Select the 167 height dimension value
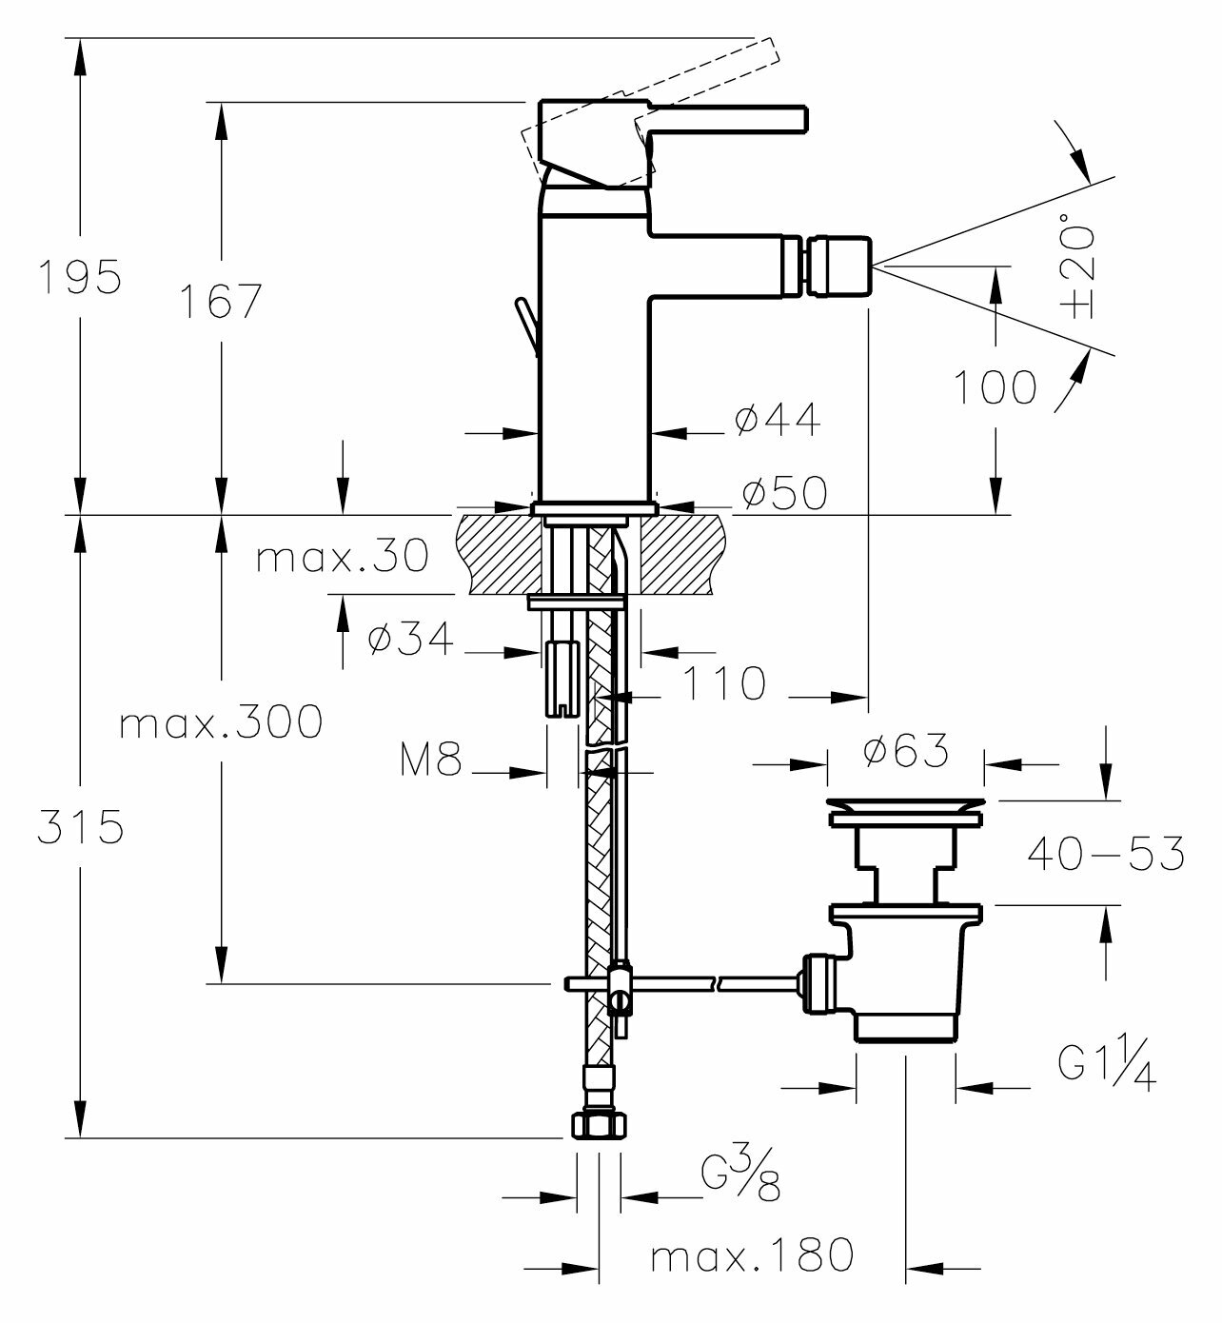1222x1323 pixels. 221,303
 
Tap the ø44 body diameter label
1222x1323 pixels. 778,419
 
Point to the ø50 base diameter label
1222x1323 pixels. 784,492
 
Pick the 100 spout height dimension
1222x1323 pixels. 995,387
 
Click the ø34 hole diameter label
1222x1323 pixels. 411,641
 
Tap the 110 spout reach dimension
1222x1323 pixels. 725,683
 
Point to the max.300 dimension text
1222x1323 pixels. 221,723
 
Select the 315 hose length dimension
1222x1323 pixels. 80,826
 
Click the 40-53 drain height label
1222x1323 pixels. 1106,853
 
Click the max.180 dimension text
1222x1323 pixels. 752,1256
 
